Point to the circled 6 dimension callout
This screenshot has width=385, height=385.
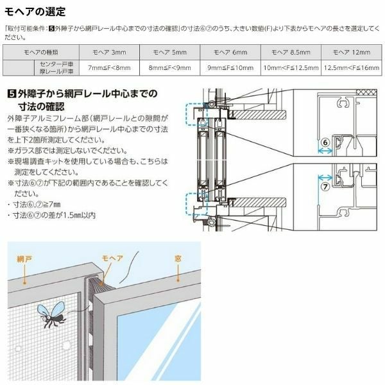click(325, 142)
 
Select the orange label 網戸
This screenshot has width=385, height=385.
click(25, 259)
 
